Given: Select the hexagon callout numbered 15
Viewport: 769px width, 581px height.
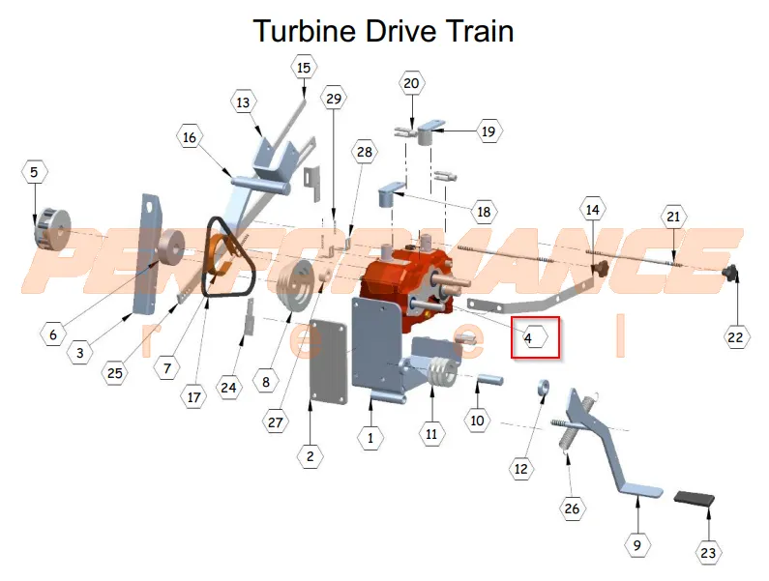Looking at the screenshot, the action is (x=304, y=68).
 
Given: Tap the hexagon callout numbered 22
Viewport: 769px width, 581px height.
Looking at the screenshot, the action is (x=736, y=336).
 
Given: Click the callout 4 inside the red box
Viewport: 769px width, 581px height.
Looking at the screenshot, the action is (x=534, y=337).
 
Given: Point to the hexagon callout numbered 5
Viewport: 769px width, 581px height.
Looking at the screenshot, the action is (x=34, y=172).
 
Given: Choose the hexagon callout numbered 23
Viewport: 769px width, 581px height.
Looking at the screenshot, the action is (x=708, y=553).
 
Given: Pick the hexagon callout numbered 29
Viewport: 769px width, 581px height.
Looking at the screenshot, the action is (x=334, y=98).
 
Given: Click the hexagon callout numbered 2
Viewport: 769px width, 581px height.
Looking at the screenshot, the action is (x=310, y=456).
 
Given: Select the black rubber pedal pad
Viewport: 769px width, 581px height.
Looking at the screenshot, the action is (x=694, y=498).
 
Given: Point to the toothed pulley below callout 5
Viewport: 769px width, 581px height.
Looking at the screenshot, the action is (x=52, y=229).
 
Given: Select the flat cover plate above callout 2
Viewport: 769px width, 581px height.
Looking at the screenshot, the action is (x=329, y=362).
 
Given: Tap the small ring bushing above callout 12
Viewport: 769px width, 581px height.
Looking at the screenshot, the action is (x=543, y=387).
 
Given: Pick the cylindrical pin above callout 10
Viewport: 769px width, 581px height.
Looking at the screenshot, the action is (x=488, y=379).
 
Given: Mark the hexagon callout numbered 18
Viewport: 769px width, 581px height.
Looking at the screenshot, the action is (x=484, y=212).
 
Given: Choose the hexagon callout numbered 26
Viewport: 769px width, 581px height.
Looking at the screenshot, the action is (x=572, y=508).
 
